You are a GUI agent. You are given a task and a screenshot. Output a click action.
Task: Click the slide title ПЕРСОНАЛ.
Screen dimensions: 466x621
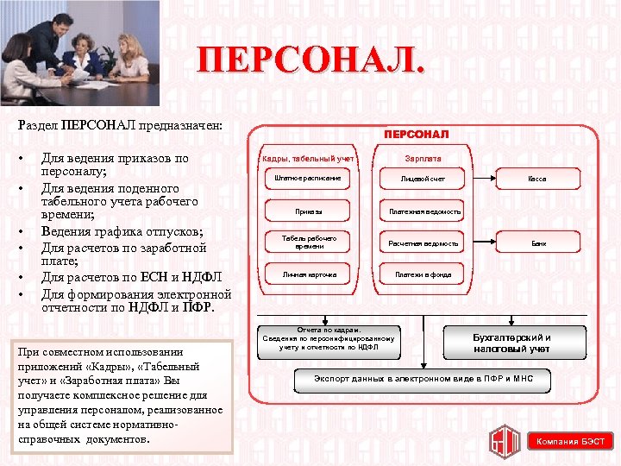click(310, 62)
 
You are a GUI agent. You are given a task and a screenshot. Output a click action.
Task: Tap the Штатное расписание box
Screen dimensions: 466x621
click(309, 179)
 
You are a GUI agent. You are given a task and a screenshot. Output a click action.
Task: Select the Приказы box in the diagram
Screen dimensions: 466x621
click(309, 211)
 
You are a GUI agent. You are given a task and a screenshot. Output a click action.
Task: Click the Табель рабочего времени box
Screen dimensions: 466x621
click(309, 242)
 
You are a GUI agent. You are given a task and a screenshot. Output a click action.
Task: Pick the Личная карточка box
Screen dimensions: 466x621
click(309, 274)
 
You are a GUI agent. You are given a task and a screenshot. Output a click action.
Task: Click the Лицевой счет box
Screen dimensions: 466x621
click(423, 179)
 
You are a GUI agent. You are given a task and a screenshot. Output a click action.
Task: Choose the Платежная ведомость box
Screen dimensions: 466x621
click(423, 211)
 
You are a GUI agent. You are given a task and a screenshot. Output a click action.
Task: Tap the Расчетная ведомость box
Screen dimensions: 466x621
click(423, 243)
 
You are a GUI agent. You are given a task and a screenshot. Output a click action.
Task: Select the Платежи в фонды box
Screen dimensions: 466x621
click(423, 274)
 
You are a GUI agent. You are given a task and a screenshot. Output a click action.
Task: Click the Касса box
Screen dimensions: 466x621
click(537, 179)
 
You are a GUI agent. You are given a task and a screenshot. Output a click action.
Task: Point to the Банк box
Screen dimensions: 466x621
click(537, 243)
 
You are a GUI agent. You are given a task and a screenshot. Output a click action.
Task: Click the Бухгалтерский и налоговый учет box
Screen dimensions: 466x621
click(512, 343)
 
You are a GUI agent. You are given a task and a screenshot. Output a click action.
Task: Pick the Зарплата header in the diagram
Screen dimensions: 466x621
click(423, 159)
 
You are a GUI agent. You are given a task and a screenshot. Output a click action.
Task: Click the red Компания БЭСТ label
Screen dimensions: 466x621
click(570, 442)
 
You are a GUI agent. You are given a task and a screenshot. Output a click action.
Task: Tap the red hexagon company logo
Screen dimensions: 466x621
click(505, 440)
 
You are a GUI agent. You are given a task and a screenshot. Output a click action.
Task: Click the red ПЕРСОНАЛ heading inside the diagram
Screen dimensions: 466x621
click(417, 135)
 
